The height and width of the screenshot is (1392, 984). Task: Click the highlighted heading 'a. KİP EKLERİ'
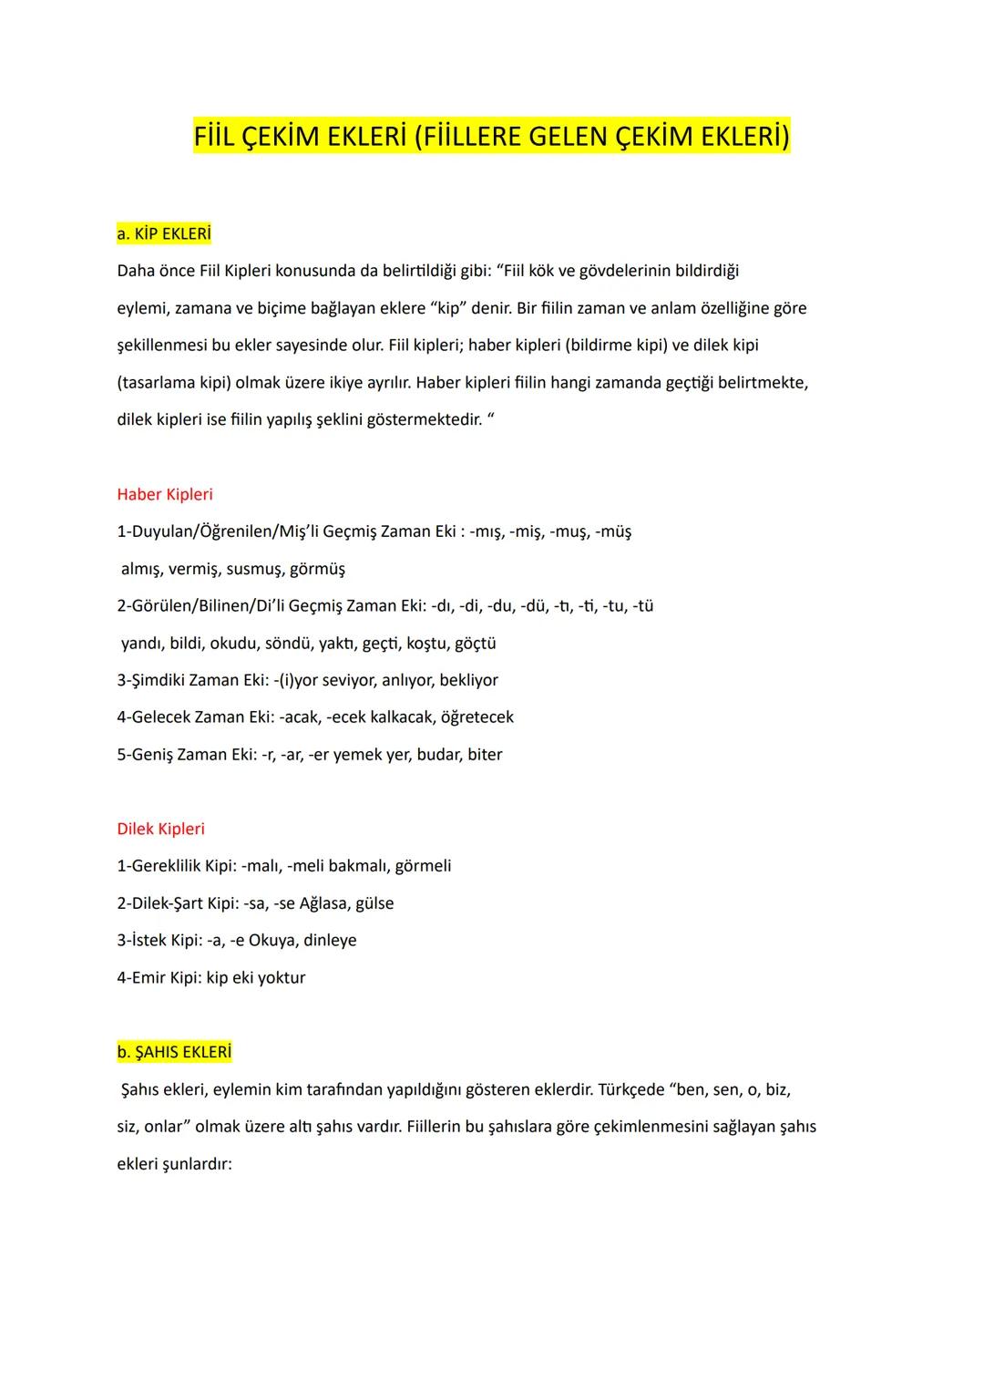164,234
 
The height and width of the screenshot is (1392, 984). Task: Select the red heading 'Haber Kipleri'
165,494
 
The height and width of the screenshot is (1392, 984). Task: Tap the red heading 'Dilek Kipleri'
161,829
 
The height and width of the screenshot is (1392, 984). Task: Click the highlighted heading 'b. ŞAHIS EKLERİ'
175,1052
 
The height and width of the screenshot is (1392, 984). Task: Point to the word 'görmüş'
317,569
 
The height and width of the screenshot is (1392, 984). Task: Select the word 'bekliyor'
468,680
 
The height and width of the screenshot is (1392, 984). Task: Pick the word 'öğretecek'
477,717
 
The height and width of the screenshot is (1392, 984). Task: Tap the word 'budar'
437,755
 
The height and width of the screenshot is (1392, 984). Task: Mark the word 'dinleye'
330,940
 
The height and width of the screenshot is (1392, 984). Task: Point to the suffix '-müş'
613,531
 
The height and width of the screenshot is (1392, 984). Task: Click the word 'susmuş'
253,569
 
